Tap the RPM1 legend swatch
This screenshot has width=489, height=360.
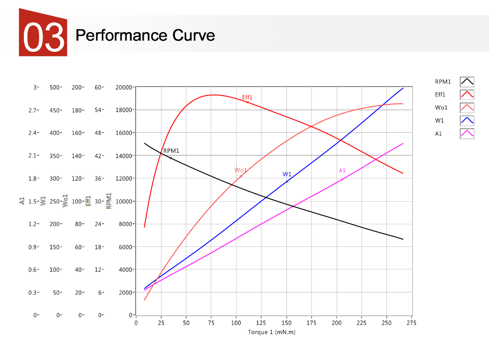point(467,82)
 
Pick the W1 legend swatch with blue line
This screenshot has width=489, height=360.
point(467,121)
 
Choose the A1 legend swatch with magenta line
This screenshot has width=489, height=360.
point(467,134)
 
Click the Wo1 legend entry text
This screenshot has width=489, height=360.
point(441,108)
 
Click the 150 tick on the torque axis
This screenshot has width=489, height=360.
point(286,323)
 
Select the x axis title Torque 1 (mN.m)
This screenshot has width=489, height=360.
point(272,332)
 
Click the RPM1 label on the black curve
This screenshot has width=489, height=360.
point(171,151)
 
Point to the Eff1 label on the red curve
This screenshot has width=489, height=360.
point(247,98)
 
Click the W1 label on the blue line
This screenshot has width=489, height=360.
point(287,174)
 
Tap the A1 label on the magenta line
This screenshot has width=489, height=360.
point(342,170)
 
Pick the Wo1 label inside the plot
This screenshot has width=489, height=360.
point(240,170)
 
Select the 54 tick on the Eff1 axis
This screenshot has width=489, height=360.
point(99,110)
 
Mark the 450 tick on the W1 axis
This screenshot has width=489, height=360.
point(55,110)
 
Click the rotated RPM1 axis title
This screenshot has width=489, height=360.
point(109,201)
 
